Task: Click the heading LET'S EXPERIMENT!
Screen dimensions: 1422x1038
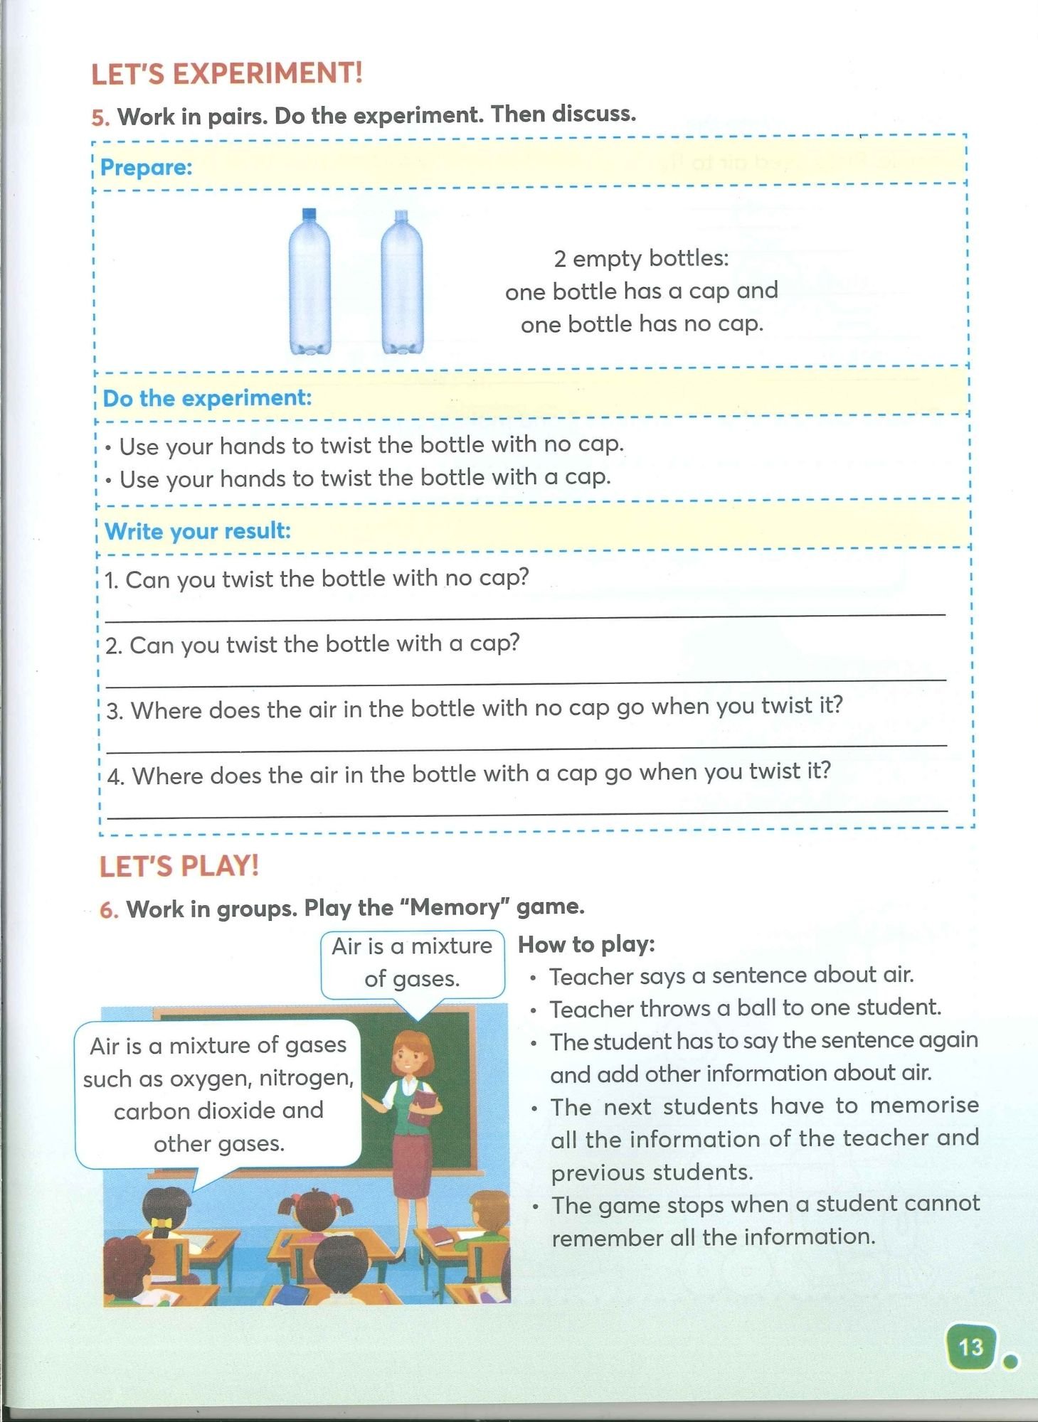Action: tap(227, 74)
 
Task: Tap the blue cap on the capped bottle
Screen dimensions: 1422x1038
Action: tap(309, 214)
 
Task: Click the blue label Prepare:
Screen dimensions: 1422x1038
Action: tap(147, 168)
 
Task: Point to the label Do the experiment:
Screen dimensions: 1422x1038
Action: tap(207, 398)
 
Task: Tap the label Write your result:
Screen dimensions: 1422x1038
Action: tap(198, 531)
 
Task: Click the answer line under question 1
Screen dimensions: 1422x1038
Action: tap(525, 616)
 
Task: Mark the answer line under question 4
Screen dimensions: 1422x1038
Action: tap(530, 813)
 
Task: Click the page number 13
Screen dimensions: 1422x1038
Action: tap(970, 1347)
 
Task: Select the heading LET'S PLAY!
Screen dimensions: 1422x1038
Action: tap(179, 866)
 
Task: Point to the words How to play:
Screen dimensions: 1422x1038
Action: tap(586, 944)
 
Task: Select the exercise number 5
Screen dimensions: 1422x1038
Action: tap(100, 118)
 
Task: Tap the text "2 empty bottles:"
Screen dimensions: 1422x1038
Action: tap(641, 258)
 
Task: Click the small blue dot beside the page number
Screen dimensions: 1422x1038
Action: tap(1009, 1362)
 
